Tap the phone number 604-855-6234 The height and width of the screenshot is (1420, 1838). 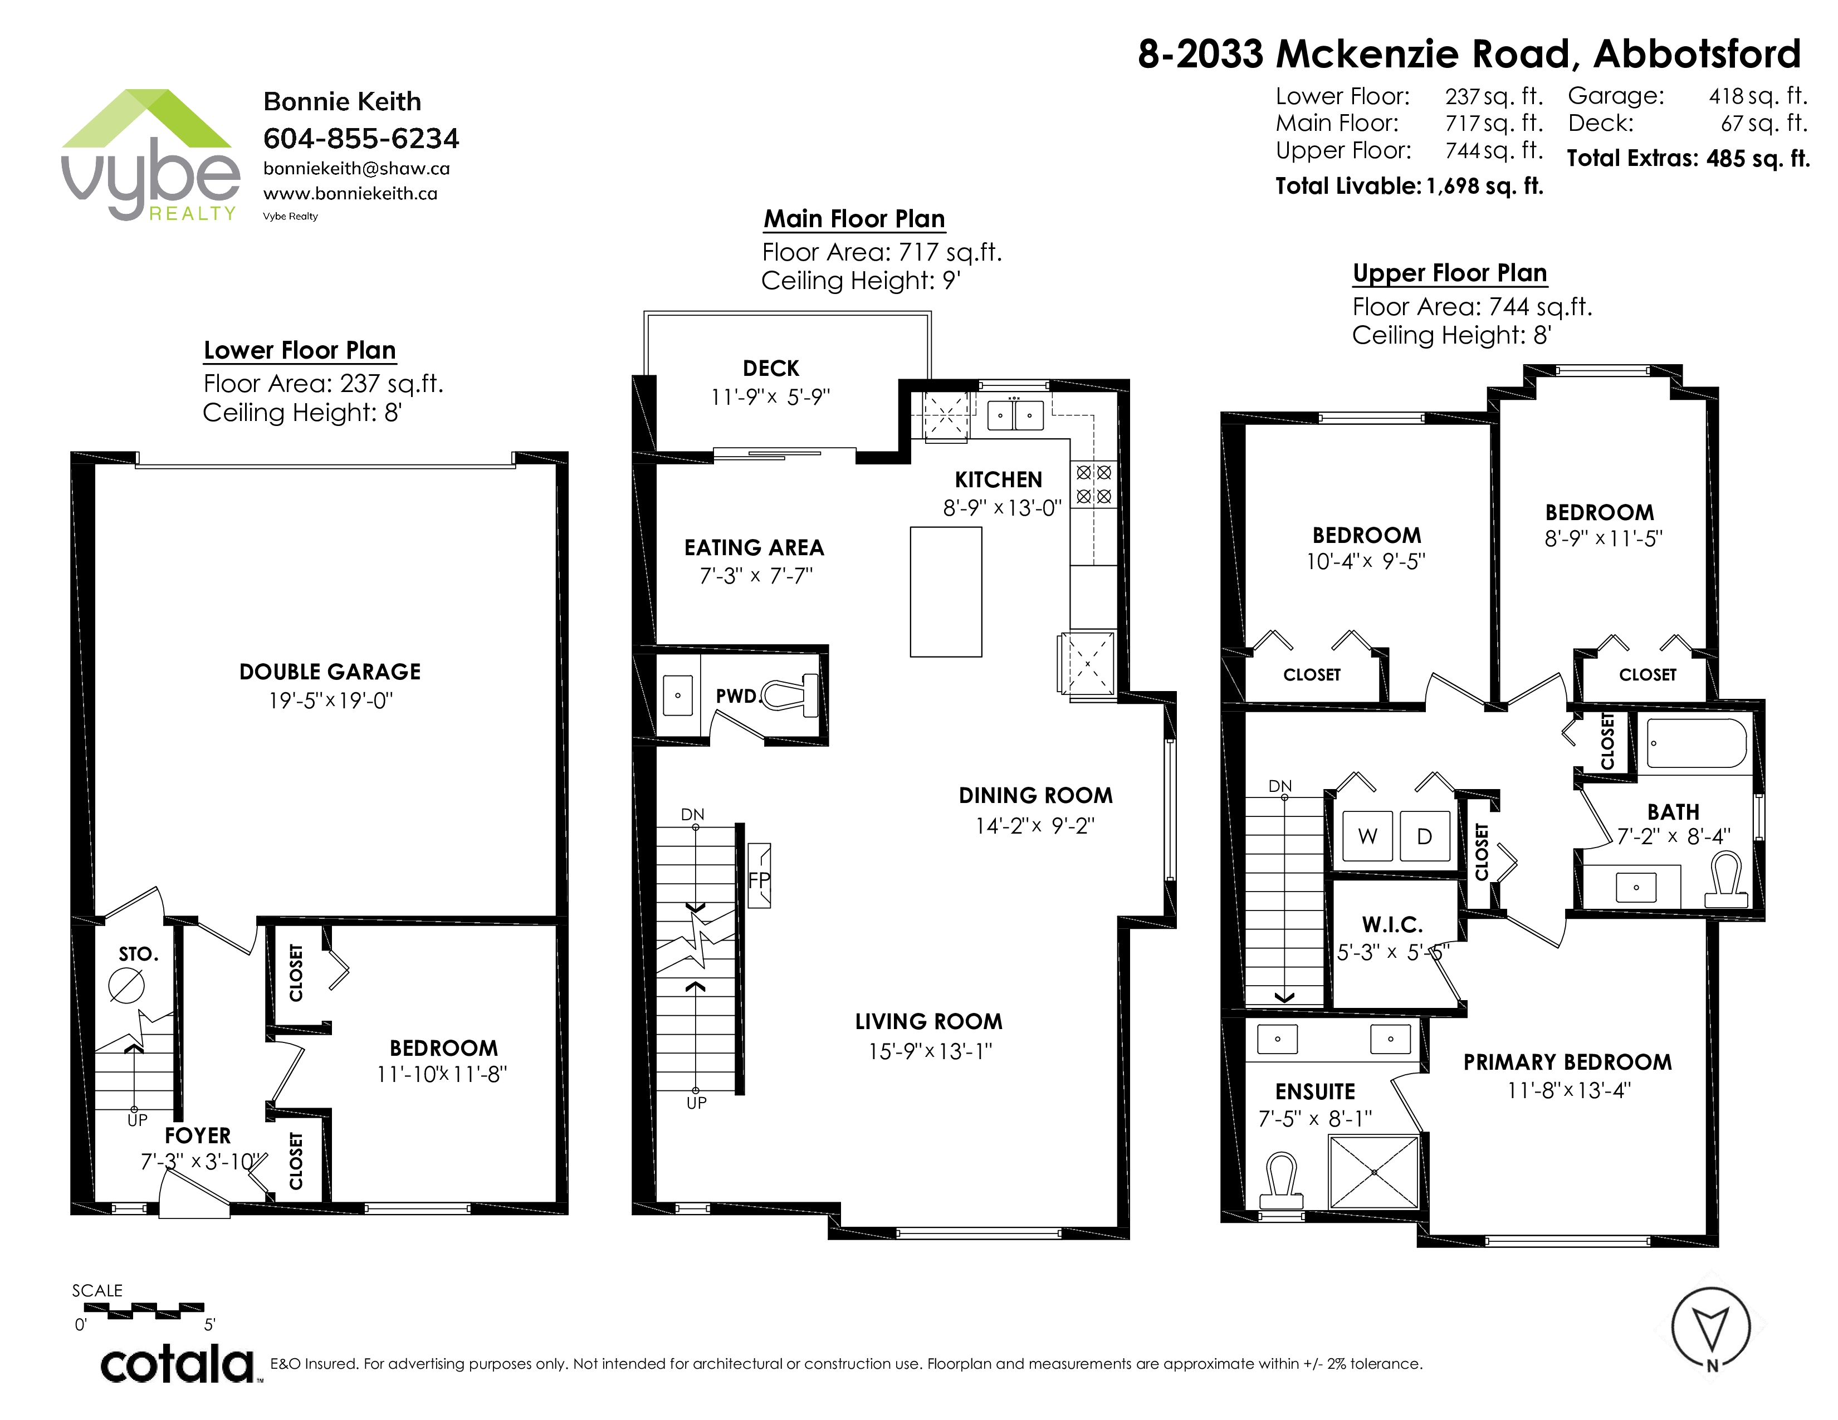[361, 138]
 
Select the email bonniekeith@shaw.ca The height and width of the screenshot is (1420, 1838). [356, 168]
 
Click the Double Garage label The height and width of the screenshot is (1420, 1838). [330, 672]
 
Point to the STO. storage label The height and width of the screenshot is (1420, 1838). [138, 954]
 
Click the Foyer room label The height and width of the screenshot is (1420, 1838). [198, 1135]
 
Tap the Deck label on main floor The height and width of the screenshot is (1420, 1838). [771, 369]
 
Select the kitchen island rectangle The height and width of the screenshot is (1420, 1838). [946, 591]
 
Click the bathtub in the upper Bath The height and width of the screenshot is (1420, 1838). [1697, 743]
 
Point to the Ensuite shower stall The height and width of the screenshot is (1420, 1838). [1373, 1172]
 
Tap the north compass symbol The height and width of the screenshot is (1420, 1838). [1711, 1328]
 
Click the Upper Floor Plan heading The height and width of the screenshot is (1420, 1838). [1450, 273]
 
